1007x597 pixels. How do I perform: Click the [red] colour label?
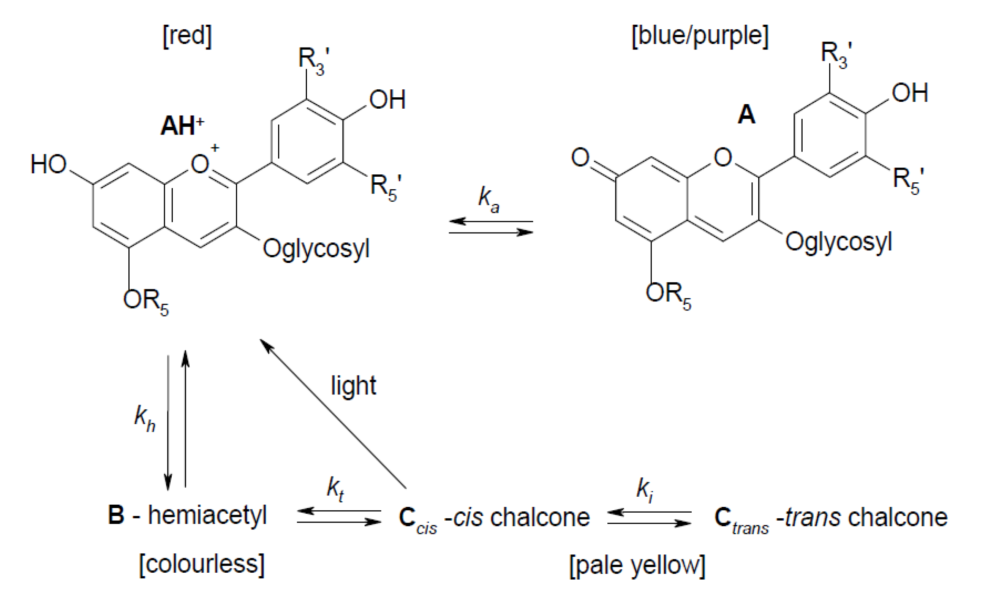coord(187,36)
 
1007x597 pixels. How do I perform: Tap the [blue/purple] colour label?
coord(700,36)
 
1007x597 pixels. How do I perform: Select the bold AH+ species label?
coord(182,125)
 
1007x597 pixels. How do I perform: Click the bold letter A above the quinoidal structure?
coord(746,115)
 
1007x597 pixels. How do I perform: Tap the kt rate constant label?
coord(335,490)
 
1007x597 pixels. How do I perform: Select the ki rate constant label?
coord(645,490)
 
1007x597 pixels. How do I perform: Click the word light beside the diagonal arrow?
coord(353,386)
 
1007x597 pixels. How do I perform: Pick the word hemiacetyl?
coord(207,515)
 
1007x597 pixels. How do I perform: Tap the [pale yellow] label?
coord(637,565)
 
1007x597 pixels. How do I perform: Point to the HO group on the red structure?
coord(48,165)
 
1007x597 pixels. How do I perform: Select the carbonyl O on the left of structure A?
coord(580,157)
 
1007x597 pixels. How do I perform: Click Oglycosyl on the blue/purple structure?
coord(838,242)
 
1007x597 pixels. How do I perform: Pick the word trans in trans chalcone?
coord(813,516)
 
